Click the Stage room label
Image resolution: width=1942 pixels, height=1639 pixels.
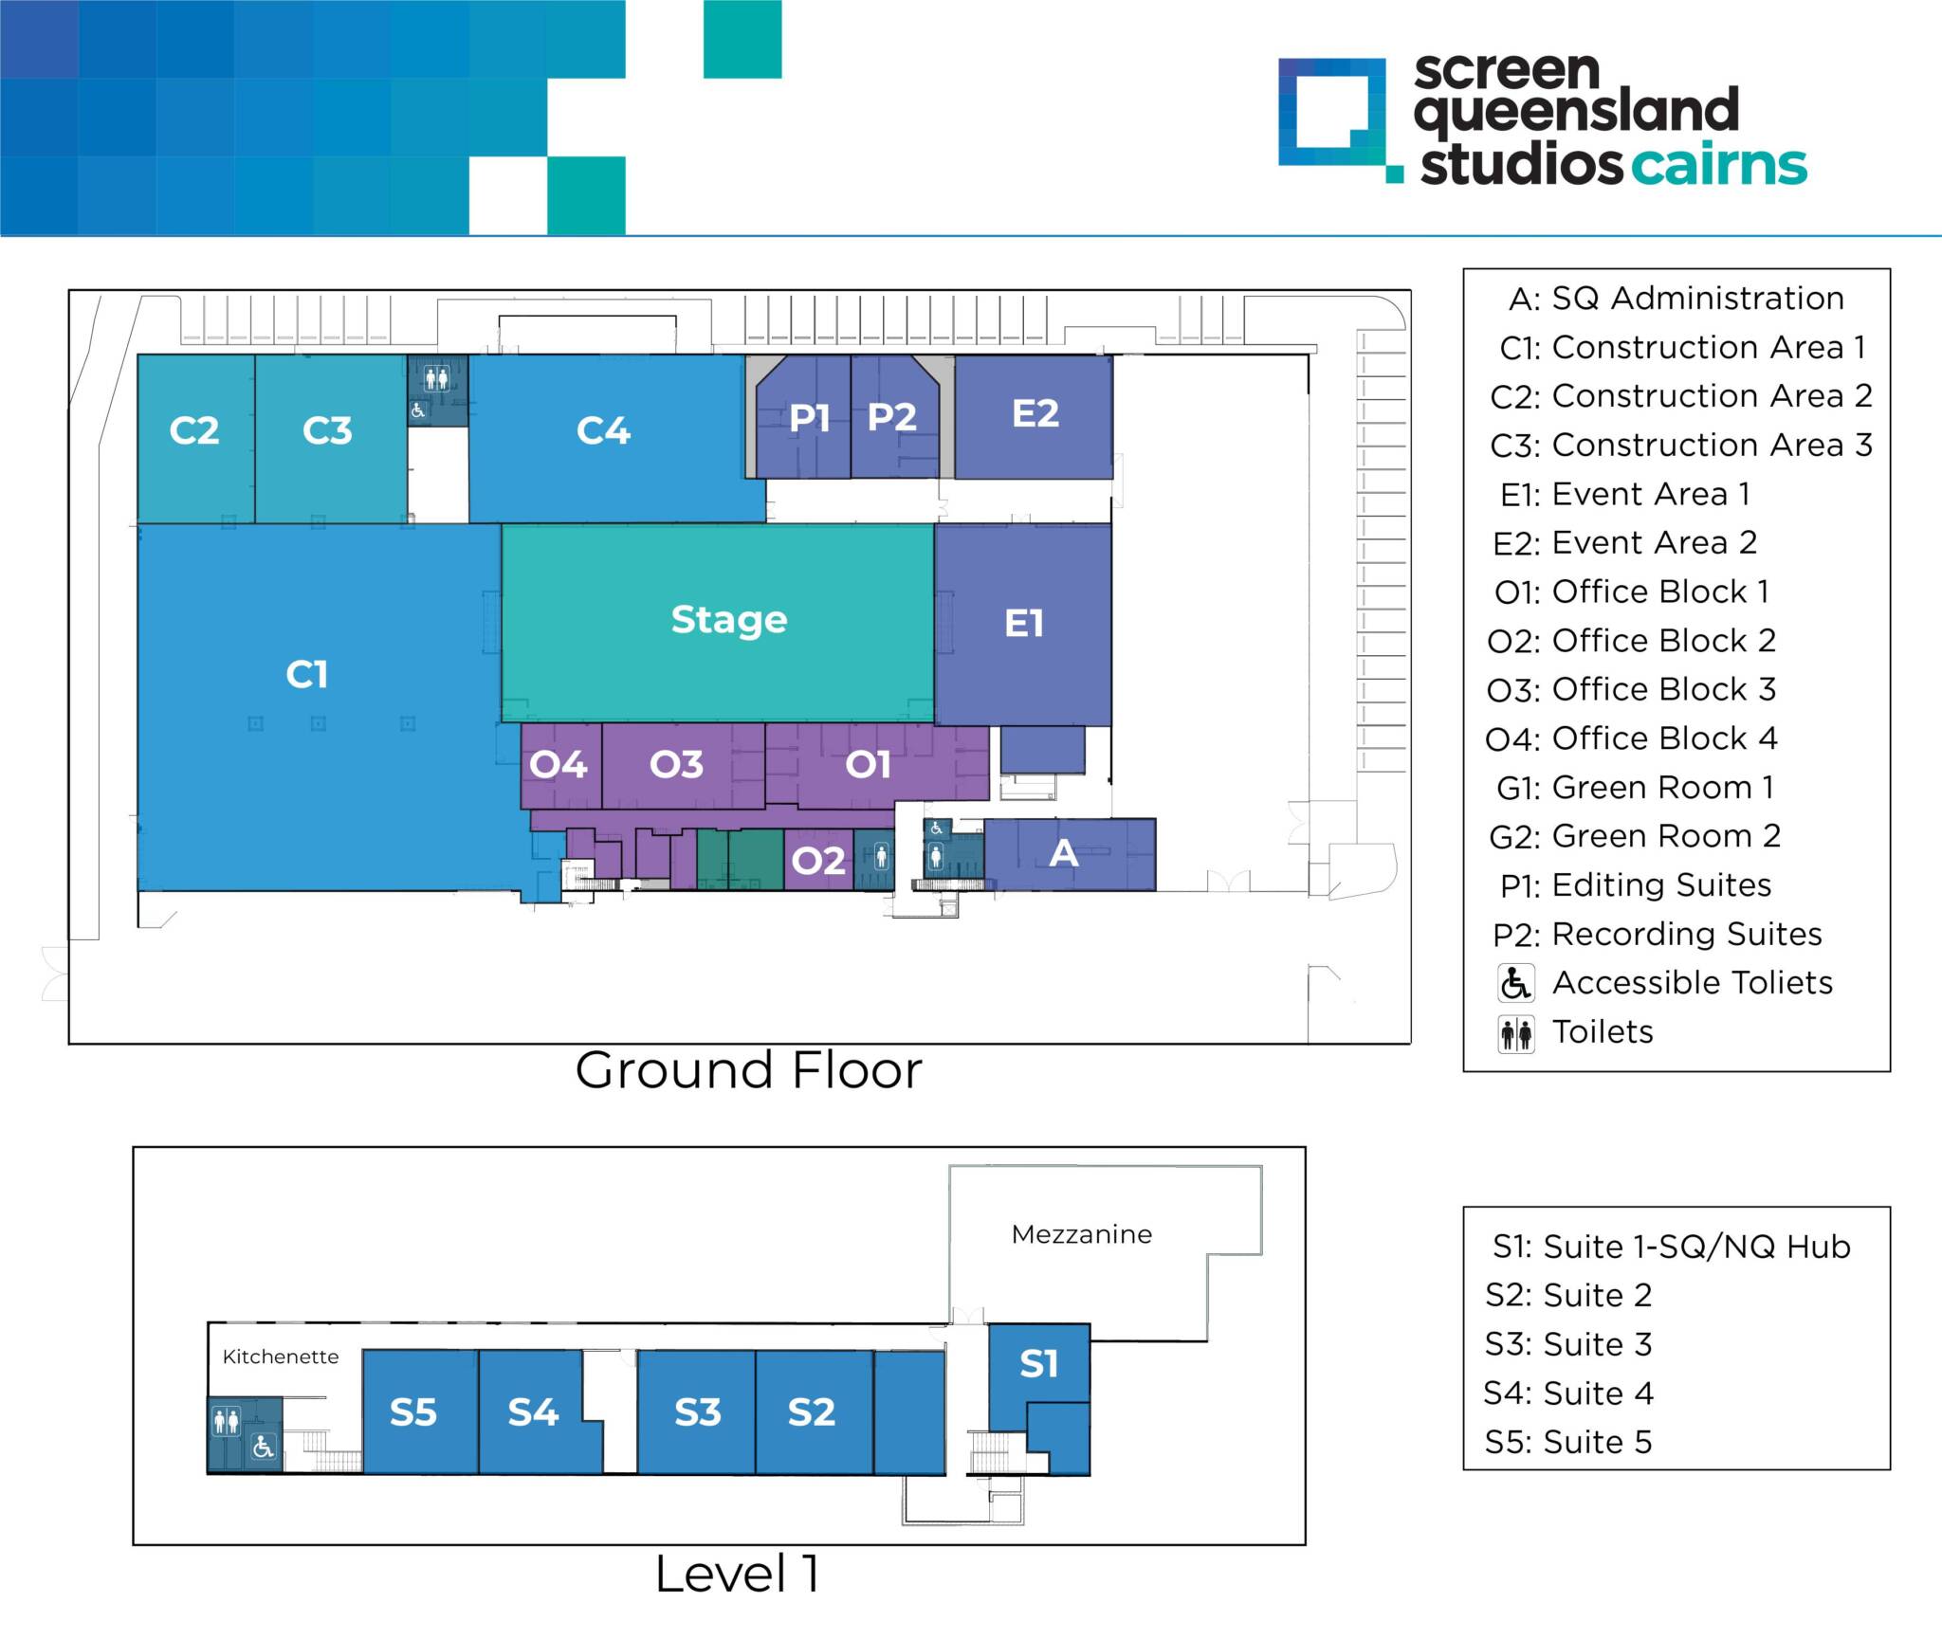[728, 620]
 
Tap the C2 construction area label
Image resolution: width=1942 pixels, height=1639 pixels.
[194, 431]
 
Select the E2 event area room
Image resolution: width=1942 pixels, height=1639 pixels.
[1035, 414]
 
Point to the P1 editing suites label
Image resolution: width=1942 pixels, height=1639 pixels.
[809, 418]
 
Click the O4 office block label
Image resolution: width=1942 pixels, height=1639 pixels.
[559, 764]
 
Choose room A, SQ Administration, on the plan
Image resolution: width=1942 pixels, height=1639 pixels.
[1064, 854]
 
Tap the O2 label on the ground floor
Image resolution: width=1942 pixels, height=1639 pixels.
[818, 861]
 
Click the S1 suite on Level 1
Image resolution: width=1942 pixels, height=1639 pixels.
[1038, 1364]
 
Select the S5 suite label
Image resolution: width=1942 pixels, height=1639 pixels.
[413, 1412]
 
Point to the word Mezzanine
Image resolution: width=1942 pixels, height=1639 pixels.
[1082, 1234]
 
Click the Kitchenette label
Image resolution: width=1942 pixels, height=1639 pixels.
[281, 1357]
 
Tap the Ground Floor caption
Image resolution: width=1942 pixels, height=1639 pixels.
[748, 1071]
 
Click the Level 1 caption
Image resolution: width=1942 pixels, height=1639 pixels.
[737, 1575]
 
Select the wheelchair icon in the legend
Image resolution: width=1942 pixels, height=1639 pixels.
[1515, 983]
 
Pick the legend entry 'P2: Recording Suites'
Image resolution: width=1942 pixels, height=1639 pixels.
[1657, 935]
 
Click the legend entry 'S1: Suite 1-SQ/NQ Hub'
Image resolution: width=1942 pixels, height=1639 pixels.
[1671, 1247]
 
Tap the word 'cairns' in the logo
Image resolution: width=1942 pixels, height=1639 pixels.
[1718, 165]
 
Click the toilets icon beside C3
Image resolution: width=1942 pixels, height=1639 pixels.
[436, 378]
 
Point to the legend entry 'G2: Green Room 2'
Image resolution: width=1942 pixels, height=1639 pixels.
[1635, 836]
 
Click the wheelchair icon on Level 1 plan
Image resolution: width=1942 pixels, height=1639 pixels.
[264, 1448]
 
